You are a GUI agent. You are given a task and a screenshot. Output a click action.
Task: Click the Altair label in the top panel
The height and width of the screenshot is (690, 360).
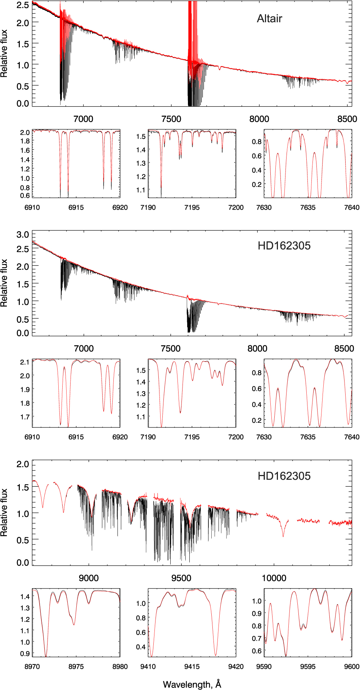[x=269, y=19]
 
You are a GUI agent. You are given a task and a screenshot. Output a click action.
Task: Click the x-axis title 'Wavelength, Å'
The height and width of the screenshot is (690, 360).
[x=192, y=684]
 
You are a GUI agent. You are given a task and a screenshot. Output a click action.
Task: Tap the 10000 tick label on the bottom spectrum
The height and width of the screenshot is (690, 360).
[x=274, y=578]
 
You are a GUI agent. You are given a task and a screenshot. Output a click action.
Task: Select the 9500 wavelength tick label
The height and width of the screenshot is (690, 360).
[x=181, y=578]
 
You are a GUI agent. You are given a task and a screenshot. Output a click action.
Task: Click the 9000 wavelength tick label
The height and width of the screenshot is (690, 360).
[x=89, y=578]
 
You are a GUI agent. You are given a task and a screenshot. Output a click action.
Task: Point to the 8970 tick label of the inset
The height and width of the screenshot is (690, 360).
[x=32, y=667]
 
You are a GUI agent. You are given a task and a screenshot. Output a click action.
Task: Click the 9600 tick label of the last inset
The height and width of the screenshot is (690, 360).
[x=352, y=667]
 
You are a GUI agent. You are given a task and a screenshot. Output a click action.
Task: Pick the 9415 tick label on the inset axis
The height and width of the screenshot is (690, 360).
[x=192, y=667]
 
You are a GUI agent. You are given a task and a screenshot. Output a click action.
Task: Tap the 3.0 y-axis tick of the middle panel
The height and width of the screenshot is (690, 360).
[x=23, y=235]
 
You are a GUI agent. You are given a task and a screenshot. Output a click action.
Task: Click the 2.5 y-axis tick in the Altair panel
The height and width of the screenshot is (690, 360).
[x=23, y=5]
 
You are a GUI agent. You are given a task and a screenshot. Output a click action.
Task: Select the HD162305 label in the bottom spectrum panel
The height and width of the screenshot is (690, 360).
[x=284, y=476]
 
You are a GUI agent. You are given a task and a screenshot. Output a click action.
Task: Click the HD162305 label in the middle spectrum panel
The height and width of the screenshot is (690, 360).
[x=284, y=246]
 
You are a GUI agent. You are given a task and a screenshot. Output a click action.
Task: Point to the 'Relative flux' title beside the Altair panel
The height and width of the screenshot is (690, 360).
[x=4, y=54]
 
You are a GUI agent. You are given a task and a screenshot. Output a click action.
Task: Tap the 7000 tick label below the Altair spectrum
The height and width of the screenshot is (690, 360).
[x=84, y=119]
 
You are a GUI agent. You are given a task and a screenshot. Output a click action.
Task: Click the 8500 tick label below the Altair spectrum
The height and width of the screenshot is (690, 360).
[x=347, y=119]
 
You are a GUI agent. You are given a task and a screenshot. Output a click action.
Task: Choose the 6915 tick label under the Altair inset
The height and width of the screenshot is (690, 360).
[x=76, y=207]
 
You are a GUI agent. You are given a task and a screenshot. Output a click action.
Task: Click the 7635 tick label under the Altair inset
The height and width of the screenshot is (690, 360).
[x=308, y=207]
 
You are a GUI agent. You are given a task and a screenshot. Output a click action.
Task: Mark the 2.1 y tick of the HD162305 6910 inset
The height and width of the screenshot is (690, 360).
[x=25, y=362]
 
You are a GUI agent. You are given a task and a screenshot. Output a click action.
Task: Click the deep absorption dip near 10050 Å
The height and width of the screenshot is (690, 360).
[x=283, y=536]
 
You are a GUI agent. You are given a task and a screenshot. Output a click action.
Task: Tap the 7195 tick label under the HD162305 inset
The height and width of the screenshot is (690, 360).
[x=192, y=437]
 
